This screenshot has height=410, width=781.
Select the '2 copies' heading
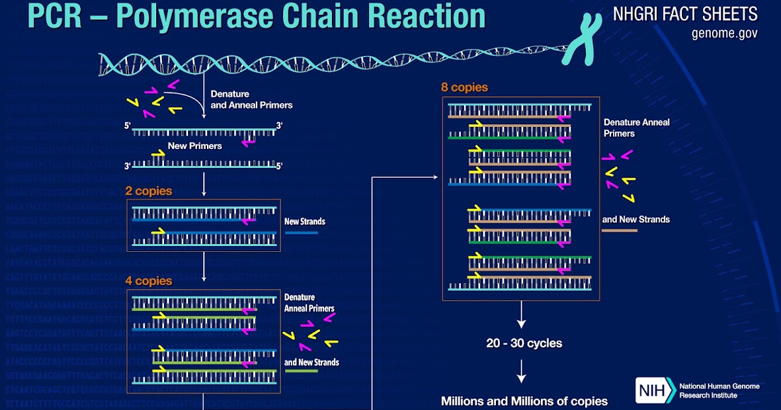[149, 191]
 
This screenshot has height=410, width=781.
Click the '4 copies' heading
[149, 281]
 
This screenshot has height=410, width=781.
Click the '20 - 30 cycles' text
[524, 343]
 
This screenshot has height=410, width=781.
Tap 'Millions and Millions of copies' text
[524, 401]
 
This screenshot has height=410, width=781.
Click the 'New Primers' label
[195, 146]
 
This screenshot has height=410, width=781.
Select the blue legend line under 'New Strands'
[301, 232]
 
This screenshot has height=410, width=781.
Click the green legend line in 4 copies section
[301, 371]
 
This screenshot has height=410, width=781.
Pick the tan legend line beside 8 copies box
[619, 230]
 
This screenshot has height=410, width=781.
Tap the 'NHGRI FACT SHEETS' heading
[685, 14]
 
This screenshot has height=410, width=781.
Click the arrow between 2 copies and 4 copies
[204, 264]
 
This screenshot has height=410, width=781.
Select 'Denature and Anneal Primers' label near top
[251, 100]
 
